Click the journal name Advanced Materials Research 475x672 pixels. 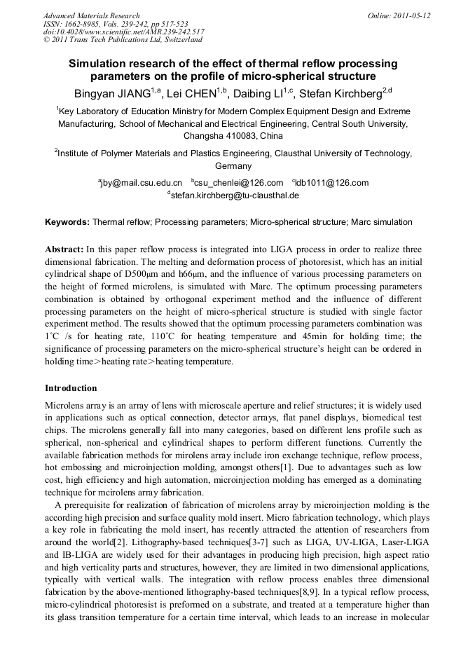click(x=91, y=15)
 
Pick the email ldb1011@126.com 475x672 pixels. click(x=332, y=183)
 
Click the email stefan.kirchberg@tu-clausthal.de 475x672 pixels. click(x=235, y=196)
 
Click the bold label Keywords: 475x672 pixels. click(x=67, y=222)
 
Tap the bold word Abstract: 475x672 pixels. click(x=64, y=249)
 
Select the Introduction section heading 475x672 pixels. click(x=71, y=388)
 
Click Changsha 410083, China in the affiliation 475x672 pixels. click(x=233, y=135)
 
